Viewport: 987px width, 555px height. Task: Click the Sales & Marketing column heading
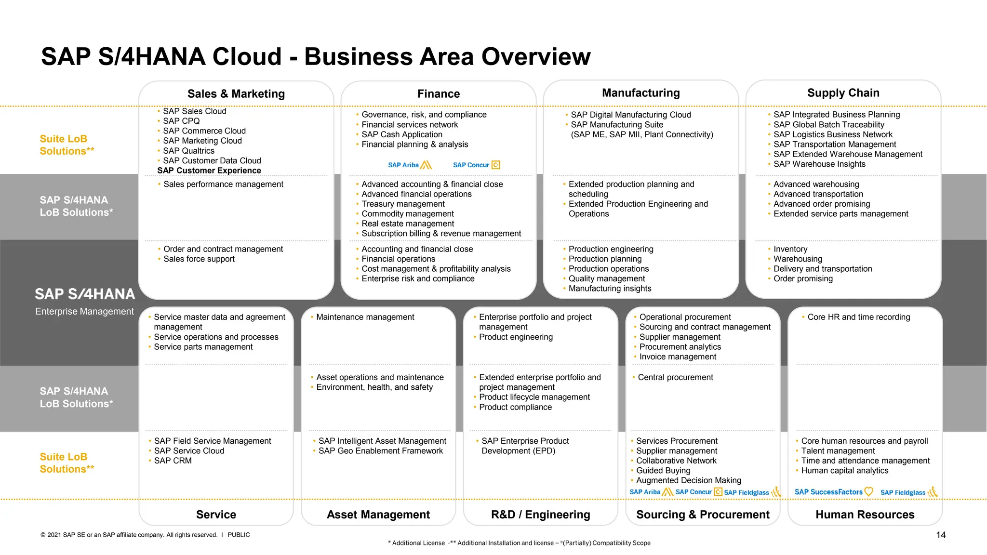[x=236, y=93]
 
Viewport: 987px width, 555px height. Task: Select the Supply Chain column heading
[x=843, y=92]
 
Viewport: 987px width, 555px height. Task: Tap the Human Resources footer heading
[x=865, y=515]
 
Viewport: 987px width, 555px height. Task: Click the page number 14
[x=940, y=535]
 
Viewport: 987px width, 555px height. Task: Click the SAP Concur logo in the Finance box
[x=476, y=165]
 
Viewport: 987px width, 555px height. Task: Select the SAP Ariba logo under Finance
[x=410, y=165]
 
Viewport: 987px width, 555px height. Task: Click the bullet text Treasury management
[x=403, y=204]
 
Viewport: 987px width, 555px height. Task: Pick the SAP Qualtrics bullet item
[x=188, y=151]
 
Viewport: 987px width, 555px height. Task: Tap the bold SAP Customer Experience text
[x=209, y=171]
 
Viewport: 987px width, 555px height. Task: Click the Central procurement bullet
[x=675, y=377]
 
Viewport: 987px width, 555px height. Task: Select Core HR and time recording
[x=858, y=317]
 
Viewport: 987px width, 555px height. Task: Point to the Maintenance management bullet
[x=365, y=317]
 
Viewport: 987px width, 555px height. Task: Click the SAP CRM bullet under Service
[x=173, y=461]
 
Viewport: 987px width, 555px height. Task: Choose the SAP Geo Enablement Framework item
[x=380, y=451]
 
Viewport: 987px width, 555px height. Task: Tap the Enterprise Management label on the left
[x=84, y=311]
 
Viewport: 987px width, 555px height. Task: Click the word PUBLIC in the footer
[x=239, y=535]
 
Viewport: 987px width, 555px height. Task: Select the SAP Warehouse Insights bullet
[x=819, y=164]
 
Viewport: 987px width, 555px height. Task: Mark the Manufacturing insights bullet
[x=610, y=289]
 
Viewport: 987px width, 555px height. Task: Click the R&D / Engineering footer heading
[x=540, y=515]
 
